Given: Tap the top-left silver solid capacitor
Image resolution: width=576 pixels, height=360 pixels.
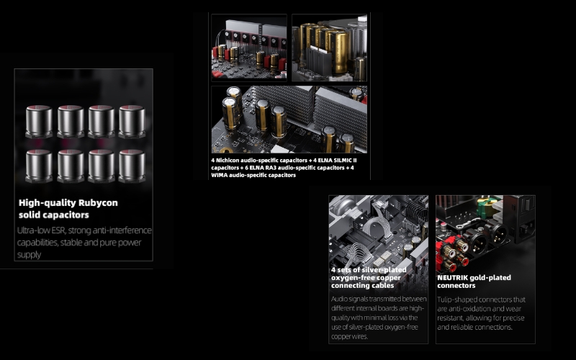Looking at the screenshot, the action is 39,122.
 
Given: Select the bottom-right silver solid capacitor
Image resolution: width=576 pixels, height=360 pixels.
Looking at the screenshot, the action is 132,166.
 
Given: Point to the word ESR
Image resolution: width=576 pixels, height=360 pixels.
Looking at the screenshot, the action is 58,230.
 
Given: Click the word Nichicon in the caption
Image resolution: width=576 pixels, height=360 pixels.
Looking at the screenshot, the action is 227,161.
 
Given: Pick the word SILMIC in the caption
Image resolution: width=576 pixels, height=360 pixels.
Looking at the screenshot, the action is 340,161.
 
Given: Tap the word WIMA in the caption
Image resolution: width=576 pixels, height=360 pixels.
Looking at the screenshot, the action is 219,175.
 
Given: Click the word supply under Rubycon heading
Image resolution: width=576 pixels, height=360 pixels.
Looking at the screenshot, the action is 29,255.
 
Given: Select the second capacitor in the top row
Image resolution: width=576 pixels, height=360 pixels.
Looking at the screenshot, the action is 71,122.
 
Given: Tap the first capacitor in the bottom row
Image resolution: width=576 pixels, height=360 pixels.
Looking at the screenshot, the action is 39,166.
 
